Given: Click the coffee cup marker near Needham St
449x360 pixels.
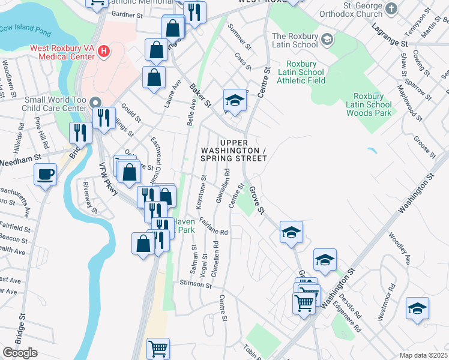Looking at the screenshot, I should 46,175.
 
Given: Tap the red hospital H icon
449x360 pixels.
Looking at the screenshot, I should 104,52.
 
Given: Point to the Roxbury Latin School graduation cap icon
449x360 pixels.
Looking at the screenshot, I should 327,40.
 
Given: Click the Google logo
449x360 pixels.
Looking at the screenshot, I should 20,353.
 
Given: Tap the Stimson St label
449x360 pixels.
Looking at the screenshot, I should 196,284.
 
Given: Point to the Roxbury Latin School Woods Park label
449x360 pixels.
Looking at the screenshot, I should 372,104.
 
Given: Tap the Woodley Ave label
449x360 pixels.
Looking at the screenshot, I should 399,248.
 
